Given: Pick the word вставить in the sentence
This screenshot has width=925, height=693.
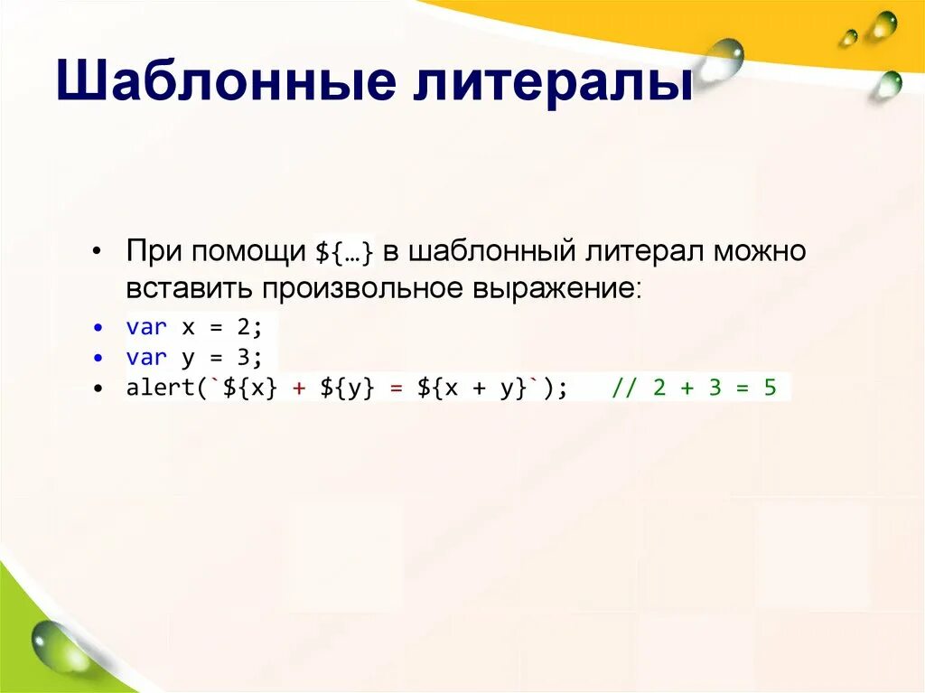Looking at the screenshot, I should (x=191, y=289).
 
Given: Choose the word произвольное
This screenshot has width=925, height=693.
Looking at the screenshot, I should (x=363, y=290).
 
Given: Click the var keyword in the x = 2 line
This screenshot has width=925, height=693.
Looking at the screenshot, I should (x=146, y=327).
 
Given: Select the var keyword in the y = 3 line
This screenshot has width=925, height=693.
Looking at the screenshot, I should (x=146, y=358).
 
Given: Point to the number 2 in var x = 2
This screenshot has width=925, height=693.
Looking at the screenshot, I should (x=243, y=327).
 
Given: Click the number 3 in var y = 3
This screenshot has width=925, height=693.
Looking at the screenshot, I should (x=243, y=358).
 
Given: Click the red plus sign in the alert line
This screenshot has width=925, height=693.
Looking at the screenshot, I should (x=299, y=389).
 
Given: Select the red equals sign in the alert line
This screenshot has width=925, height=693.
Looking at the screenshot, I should (x=396, y=389).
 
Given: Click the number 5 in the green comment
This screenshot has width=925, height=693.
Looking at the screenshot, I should (x=770, y=389).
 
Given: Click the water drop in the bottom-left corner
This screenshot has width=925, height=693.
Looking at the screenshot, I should (x=51, y=645).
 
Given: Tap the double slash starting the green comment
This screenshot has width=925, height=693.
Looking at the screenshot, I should (x=624, y=389).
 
